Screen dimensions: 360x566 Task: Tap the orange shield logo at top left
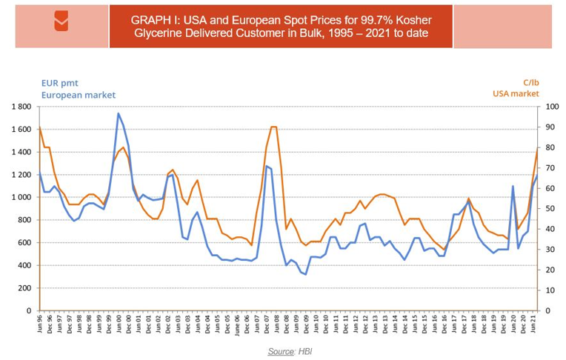click(61, 22)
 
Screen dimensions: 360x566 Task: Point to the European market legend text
click(79, 95)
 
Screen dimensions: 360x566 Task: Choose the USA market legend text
click(516, 94)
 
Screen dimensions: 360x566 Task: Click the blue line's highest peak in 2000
click(119, 113)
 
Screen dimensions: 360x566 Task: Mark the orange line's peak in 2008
click(273, 127)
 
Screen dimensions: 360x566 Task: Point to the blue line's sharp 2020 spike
click(513, 186)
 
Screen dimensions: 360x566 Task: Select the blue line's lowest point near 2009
click(306, 274)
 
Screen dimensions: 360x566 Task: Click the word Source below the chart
click(280, 350)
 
